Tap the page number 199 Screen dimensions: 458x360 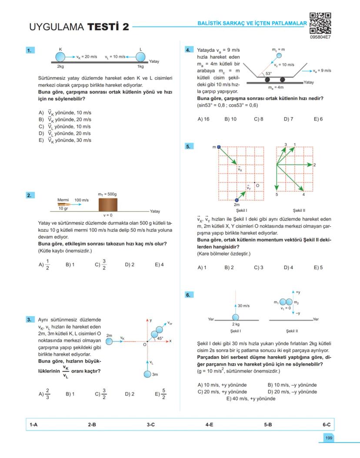(x=329, y=438)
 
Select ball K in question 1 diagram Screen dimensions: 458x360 (x=60, y=57)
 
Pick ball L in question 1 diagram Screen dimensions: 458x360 (x=140, y=57)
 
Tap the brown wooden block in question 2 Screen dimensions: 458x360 (x=107, y=204)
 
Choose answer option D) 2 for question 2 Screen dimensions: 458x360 (x=130, y=264)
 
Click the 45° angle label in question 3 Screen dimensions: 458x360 (x=160, y=338)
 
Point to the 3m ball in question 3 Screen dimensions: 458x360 (x=148, y=374)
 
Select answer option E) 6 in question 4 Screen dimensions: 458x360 (x=318, y=119)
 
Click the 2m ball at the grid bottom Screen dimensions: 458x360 (x=237, y=200)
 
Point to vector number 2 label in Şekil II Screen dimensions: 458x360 (x=314, y=165)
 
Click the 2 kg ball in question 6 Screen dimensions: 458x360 (x=236, y=318)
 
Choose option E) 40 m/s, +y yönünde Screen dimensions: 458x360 (x=250, y=398)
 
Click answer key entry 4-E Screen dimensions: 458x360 (x=209, y=425)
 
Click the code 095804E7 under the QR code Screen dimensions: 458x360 (x=320, y=38)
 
